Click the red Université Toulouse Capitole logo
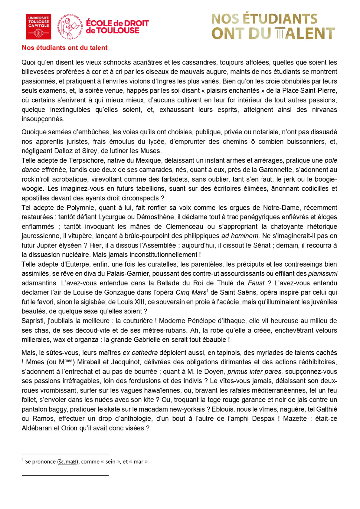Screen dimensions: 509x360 pyautogui.click(x=39, y=27)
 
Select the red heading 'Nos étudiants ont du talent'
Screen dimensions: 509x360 pyautogui.click(x=65, y=48)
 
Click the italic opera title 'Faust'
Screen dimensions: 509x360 pyautogui.click(x=256, y=283)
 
